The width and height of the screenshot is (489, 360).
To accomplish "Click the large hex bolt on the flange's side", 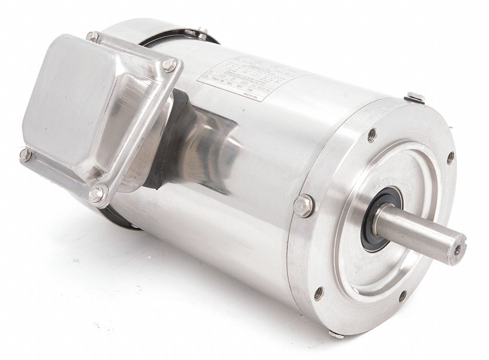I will pyautogui.click(x=303, y=206).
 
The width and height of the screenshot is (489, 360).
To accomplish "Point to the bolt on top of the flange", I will pyautogui.click(x=416, y=97).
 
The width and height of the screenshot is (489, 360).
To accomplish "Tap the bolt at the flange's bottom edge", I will pyautogui.click(x=336, y=334).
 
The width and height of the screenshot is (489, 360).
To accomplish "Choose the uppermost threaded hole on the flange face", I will pyautogui.click(x=371, y=135).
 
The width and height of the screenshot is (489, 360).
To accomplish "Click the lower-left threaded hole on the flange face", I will pyautogui.click(x=319, y=293).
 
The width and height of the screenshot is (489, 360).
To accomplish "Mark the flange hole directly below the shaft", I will pyautogui.click(x=403, y=296).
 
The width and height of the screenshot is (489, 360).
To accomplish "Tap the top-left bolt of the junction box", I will pyautogui.click(x=92, y=37).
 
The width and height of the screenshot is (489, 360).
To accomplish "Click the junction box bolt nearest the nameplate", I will pyautogui.click(x=170, y=65).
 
